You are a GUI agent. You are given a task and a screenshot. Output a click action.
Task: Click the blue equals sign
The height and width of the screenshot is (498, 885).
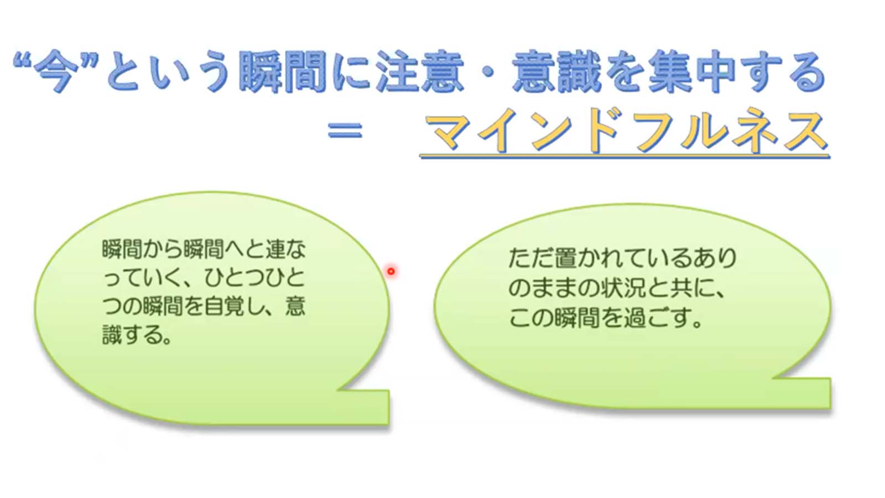[345, 130]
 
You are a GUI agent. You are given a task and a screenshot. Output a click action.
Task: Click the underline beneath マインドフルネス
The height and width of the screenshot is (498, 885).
[624, 157]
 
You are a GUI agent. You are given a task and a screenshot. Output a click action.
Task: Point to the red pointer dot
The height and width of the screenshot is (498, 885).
[391, 272]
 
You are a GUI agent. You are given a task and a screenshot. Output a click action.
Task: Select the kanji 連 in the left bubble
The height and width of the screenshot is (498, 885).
[275, 250]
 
